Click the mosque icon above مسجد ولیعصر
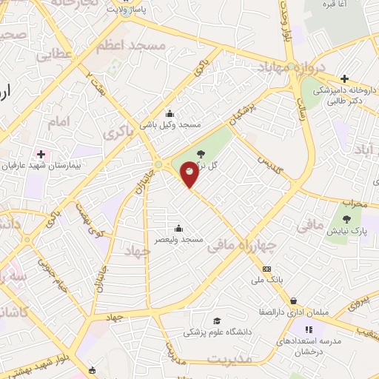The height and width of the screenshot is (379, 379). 178,229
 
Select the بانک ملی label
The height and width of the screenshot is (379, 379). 268,280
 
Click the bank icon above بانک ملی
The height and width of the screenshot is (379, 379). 267,269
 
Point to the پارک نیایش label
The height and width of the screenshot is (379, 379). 345,231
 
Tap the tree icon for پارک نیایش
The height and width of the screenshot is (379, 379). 346,218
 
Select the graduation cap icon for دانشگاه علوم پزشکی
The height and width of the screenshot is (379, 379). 217,321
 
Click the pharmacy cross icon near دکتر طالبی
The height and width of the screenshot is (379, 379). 344,78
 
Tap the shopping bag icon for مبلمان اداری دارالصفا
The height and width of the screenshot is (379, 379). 295,301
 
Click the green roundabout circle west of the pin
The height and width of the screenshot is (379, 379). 158,164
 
